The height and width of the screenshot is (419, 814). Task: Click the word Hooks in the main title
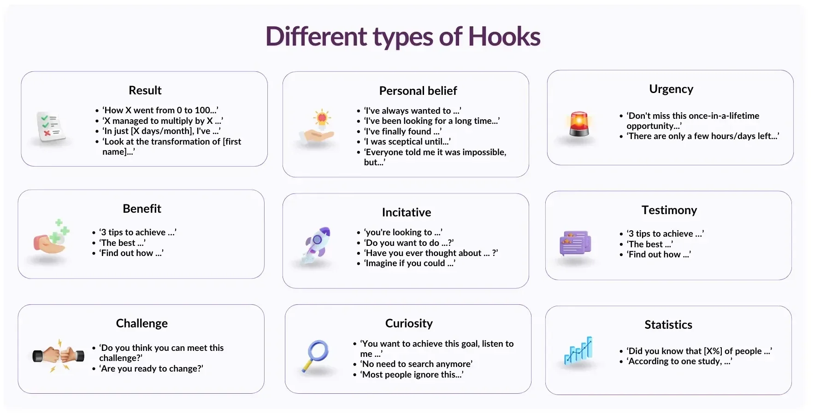click(x=504, y=37)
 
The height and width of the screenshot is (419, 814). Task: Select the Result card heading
click(x=145, y=90)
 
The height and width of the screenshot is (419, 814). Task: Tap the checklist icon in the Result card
click(x=50, y=127)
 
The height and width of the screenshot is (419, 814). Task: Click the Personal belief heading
click(x=418, y=91)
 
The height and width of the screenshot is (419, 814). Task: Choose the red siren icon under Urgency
click(x=579, y=124)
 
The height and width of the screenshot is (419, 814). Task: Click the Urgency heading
click(x=671, y=89)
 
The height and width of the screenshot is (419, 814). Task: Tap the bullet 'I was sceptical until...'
click(x=407, y=142)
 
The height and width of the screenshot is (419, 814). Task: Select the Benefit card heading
click(x=142, y=209)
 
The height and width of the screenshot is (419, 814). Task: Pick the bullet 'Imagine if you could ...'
click(x=409, y=263)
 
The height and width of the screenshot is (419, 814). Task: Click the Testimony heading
click(x=669, y=210)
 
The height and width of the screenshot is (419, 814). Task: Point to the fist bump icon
click(x=59, y=355)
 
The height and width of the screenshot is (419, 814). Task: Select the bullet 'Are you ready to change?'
click(x=152, y=368)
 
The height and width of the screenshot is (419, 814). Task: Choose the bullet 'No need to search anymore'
click(x=416, y=364)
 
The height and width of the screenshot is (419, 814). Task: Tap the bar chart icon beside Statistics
click(x=578, y=351)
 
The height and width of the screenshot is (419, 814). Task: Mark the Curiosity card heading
click(x=409, y=323)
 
